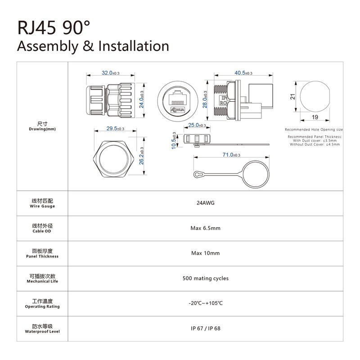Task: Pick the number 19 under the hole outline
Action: (x=315, y=117)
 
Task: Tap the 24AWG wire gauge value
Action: (x=206, y=203)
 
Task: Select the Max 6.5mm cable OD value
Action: (x=206, y=228)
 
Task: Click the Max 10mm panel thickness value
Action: (x=206, y=253)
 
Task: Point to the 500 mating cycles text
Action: (x=206, y=279)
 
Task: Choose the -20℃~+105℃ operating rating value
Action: (x=206, y=303)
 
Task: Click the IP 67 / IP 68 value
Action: (x=206, y=328)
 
